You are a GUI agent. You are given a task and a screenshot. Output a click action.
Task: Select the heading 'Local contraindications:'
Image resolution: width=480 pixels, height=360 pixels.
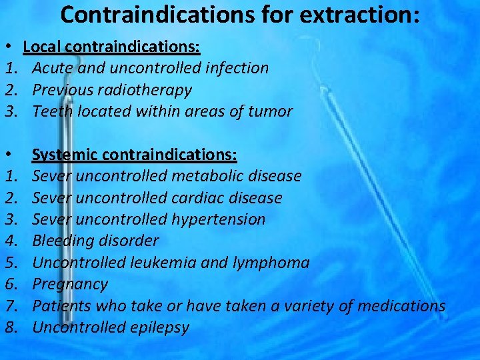point(112,47)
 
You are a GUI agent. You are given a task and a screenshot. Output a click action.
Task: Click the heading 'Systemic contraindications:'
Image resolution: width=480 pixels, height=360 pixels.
point(134,155)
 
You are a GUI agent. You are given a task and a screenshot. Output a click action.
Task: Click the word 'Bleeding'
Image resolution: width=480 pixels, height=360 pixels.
point(62,241)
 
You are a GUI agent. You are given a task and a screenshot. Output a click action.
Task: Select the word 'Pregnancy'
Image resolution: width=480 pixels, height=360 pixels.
point(69,284)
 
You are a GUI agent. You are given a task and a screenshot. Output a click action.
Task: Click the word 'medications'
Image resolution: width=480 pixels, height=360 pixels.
point(401,305)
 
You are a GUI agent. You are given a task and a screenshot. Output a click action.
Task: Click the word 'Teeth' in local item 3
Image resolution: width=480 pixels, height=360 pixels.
point(53,111)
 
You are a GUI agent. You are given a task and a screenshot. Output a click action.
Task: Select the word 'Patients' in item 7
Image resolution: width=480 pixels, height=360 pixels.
point(61,305)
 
